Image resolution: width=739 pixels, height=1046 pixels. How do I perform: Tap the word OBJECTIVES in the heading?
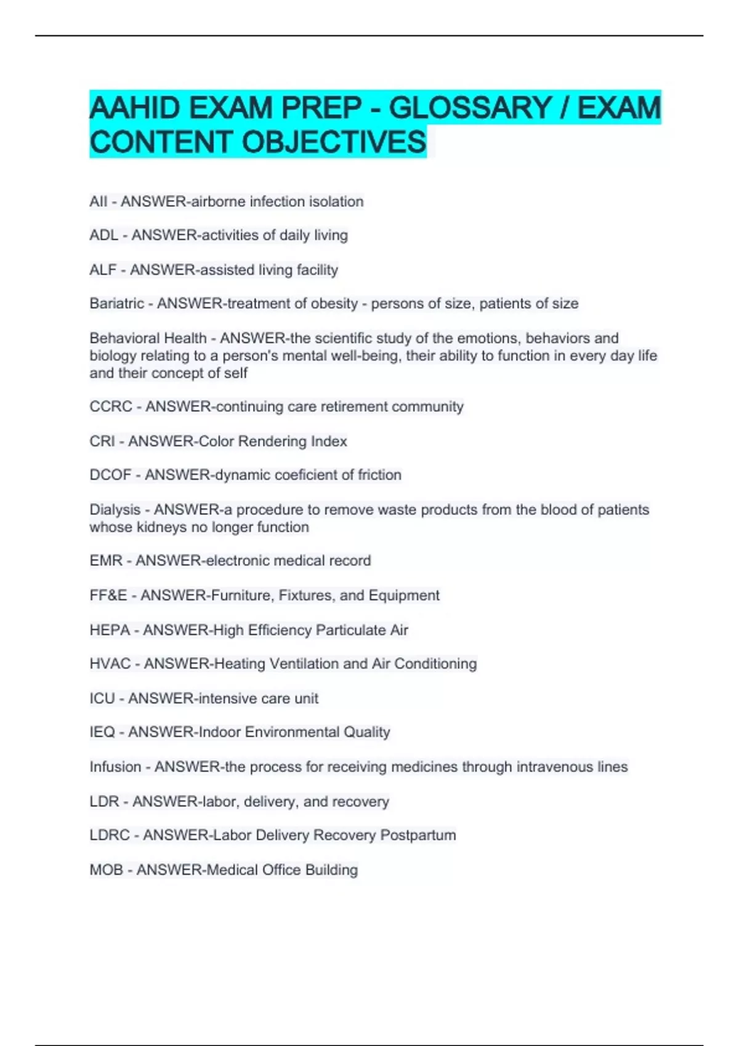tap(333, 142)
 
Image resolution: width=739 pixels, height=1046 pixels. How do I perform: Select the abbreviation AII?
tap(98, 202)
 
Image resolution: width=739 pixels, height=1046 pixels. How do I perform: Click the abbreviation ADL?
tap(103, 236)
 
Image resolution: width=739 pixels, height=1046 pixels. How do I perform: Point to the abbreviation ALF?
tap(103, 270)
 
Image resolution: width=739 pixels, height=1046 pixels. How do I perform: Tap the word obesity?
tap(335, 304)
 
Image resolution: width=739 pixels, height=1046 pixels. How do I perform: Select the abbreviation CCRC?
tap(111, 407)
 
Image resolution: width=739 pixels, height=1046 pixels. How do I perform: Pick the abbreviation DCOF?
tap(110, 475)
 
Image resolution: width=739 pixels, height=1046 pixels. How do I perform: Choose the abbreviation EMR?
tap(106, 561)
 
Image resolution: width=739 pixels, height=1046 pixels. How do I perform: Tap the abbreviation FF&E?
tap(108, 596)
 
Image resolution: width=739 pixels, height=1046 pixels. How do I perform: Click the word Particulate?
tap(350, 630)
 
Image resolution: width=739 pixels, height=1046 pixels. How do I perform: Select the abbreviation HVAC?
tap(110, 664)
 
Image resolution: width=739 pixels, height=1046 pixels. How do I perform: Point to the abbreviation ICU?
tap(102, 699)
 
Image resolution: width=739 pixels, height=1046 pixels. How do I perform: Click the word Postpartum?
tap(418, 836)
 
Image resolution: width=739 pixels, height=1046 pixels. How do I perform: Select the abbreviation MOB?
tap(106, 870)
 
